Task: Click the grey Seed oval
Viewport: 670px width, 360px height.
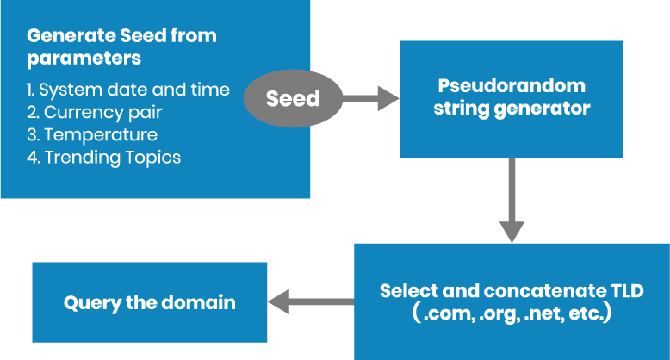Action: (292, 99)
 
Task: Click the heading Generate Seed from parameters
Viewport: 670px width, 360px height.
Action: (121, 47)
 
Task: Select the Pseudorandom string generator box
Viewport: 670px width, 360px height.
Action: (512, 98)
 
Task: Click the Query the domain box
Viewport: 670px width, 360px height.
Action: (149, 302)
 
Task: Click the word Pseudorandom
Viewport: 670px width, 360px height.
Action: (512, 86)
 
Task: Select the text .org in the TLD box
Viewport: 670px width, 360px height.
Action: (499, 314)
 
